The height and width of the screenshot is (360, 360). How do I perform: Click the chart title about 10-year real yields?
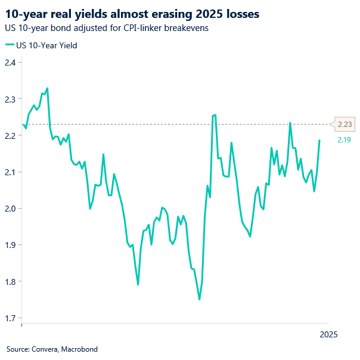click(x=132, y=13)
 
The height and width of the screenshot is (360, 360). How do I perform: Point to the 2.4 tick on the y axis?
click(x=11, y=63)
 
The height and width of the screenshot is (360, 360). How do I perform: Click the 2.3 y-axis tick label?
click(x=11, y=99)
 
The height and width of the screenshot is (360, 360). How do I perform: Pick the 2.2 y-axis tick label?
click(x=11, y=135)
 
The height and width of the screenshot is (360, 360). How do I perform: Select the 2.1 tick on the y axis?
click(x=11, y=172)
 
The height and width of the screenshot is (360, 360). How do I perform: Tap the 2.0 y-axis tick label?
click(x=11, y=209)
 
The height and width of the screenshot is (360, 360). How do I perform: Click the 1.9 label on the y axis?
click(x=11, y=245)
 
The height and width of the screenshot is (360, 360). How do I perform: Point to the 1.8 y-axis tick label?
click(x=11, y=281)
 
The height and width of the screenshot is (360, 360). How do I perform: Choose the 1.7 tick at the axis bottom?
click(x=11, y=318)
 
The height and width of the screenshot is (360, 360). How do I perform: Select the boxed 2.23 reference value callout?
click(x=345, y=125)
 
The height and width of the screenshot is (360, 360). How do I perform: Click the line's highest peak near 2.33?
click(x=47, y=88)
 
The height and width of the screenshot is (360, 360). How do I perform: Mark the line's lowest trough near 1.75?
click(x=199, y=299)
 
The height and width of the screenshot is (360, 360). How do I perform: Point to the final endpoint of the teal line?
click(x=319, y=141)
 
